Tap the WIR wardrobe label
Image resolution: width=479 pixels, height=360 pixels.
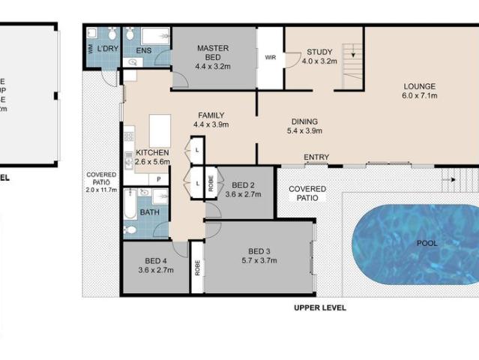270,57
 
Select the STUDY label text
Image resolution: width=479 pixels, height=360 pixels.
319,52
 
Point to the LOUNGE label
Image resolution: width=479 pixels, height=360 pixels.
419,86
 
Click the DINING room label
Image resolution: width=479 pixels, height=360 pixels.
304,121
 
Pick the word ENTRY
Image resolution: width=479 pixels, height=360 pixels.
316,157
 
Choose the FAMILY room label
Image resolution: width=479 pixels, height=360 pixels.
211,115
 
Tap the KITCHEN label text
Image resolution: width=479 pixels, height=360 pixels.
152,153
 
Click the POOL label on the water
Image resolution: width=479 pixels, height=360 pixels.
428,243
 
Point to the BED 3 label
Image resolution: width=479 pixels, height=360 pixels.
259,251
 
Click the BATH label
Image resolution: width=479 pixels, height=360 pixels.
149,212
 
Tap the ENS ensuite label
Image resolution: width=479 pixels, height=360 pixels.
144,52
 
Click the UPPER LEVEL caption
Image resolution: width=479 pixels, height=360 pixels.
320,307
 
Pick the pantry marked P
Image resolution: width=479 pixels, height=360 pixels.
159,178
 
